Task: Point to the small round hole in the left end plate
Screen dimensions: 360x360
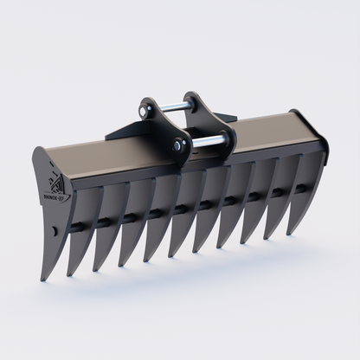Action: point(53,231)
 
